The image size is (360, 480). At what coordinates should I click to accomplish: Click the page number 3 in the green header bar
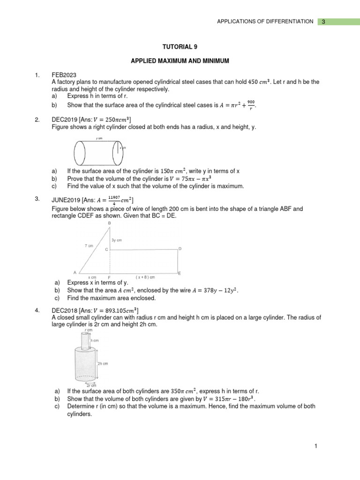(323, 22)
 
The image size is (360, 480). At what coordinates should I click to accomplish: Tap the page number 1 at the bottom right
(316, 447)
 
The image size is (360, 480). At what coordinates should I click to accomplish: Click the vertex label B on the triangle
(110, 224)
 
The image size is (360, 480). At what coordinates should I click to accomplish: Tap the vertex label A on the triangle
(75, 272)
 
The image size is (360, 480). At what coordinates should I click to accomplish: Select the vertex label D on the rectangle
(180, 248)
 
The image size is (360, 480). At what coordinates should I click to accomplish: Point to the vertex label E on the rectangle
(180, 273)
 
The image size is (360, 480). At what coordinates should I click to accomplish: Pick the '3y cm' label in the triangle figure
(117, 240)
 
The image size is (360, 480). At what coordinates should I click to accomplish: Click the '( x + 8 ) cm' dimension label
(145, 277)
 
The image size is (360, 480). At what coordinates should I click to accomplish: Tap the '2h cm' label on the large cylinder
(103, 363)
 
